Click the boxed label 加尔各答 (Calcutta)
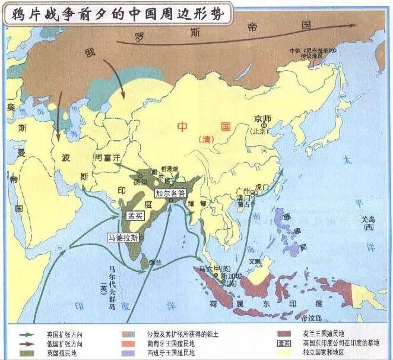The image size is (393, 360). [170, 193]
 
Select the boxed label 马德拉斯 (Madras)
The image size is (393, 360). [123, 238]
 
